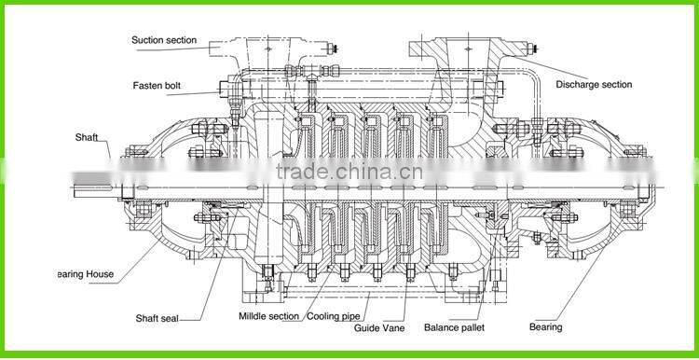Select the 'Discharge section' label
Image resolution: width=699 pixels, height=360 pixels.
point(594,85)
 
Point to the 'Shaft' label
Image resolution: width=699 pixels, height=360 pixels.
point(87,136)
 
